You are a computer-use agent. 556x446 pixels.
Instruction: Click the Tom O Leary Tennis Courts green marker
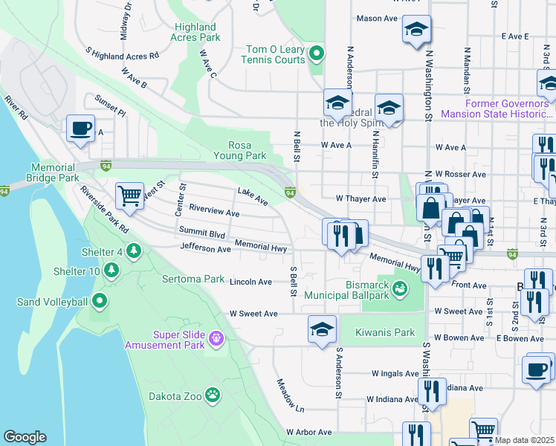317,53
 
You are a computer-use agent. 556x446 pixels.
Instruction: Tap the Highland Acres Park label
195,32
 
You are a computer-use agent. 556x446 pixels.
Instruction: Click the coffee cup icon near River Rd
80,128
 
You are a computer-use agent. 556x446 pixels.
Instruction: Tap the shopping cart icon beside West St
130,195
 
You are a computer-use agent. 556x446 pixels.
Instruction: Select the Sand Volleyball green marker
100,302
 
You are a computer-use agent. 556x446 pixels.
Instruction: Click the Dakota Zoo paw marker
213,395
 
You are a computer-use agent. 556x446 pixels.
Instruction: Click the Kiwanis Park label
384,332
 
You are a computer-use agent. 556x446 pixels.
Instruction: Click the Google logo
25,437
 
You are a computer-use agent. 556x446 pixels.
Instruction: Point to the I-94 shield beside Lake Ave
290,193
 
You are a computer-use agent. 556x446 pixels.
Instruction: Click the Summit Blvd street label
201,233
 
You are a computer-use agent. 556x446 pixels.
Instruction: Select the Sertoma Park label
193,279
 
